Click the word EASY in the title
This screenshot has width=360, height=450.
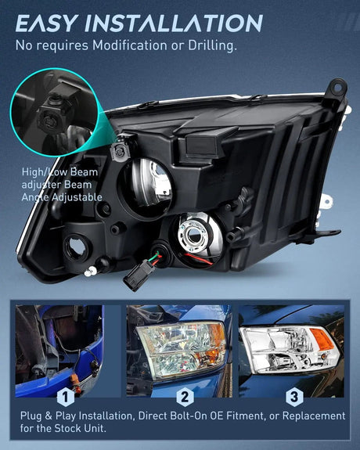(47, 23)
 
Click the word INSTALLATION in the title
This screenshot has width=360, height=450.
(174, 23)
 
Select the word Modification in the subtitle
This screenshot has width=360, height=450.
(129, 45)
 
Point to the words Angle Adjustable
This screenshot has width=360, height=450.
(62, 197)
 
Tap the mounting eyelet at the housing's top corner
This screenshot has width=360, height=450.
(338, 88)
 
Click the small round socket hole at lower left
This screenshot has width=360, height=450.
(77, 247)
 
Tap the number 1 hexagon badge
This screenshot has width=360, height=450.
(66, 398)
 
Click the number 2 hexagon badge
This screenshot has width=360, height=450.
(185, 398)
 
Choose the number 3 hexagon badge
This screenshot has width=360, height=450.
(294, 398)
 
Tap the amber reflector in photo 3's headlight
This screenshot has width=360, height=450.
(322, 339)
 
